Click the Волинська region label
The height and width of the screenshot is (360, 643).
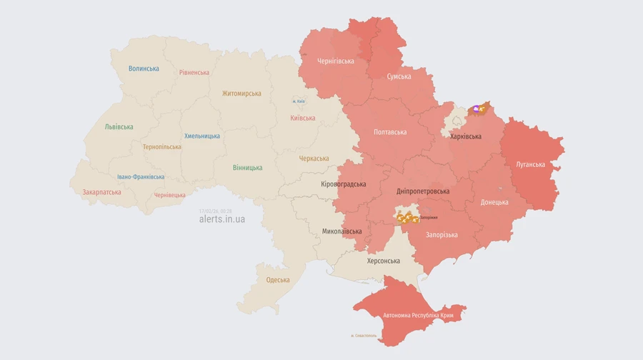click(x=144, y=69)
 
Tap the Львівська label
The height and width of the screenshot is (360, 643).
click(x=119, y=127)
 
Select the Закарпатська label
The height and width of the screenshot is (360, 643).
click(x=101, y=192)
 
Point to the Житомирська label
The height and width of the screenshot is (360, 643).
click(x=241, y=94)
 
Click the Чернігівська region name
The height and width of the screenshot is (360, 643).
click(x=335, y=61)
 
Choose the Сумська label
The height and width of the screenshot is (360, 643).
click(x=399, y=76)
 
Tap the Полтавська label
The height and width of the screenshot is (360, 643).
click(x=390, y=132)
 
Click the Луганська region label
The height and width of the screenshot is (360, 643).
click(x=530, y=164)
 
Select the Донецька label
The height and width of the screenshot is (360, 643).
click(x=494, y=202)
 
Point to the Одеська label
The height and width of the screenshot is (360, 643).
click(x=278, y=280)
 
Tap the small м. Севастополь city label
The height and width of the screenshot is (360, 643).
click(x=364, y=336)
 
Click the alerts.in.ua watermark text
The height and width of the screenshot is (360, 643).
click(x=221, y=219)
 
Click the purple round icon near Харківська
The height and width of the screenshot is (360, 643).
click(x=476, y=109)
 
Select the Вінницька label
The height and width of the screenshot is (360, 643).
click(x=247, y=168)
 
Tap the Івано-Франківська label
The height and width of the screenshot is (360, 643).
click(x=141, y=177)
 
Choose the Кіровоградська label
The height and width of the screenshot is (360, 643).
click(x=343, y=184)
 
